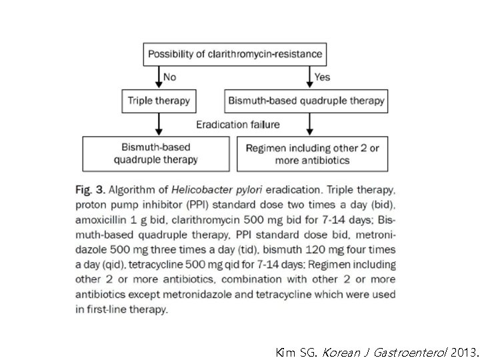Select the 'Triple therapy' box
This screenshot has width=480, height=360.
point(159,101)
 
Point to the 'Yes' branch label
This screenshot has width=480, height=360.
point(323,77)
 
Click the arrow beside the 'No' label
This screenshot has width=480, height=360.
point(159,77)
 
